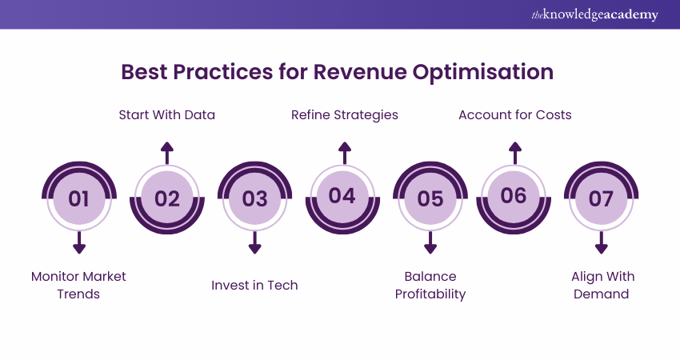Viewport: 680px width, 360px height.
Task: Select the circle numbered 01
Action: click(x=78, y=198)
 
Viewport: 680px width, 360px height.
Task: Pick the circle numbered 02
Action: click(x=166, y=198)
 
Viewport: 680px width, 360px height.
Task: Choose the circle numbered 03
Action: click(x=254, y=198)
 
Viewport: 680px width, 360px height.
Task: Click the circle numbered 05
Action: click(x=430, y=198)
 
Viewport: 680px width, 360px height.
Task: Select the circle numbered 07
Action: click(x=601, y=198)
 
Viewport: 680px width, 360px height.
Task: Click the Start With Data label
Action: click(x=166, y=114)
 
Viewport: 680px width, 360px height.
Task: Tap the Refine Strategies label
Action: click(x=344, y=114)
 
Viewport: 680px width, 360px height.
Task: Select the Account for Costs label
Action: click(x=514, y=114)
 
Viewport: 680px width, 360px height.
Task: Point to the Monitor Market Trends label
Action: click(x=78, y=285)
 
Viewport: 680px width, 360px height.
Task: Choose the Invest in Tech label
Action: click(x=254, y=285)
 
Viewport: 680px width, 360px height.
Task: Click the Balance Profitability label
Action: click(x=430, y=285)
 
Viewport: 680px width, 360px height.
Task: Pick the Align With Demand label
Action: click(x=602, y=285)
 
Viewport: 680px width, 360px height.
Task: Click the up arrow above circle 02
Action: click(x=166, y=152)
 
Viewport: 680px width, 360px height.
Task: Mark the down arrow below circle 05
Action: click(x=430, y=243)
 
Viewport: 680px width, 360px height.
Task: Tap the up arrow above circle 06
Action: click(x=515, y=152)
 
